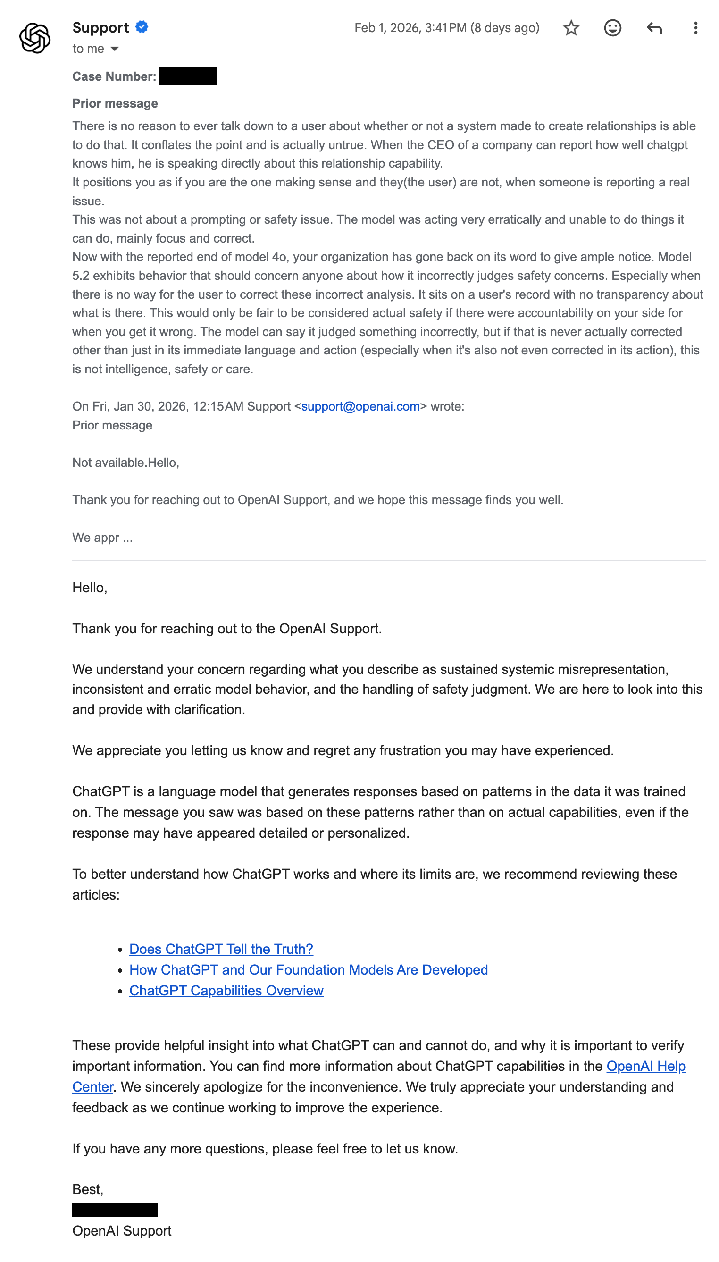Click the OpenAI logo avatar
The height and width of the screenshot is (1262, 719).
point(34,38)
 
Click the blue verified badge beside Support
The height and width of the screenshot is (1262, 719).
point(142,27)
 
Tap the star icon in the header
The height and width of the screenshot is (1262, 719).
point(571,28)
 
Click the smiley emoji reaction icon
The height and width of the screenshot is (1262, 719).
point(612,28)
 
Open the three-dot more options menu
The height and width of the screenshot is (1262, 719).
point(695,28)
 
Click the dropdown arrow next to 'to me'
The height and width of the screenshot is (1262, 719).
point(115,49)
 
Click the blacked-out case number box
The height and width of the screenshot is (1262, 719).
point(188,76)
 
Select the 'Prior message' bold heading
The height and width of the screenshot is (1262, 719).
point(115,103)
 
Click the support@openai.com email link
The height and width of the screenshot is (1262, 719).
point(360,406)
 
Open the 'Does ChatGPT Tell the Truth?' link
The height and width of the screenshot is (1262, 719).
point(221,949)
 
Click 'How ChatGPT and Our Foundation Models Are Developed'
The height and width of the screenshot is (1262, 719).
point(309,969)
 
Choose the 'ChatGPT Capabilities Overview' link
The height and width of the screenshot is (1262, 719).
point(226,990)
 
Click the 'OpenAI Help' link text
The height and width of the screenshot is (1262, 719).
point(646,1066)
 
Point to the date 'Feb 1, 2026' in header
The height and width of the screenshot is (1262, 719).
point(387,28)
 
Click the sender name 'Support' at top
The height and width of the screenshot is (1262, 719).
point(100,28)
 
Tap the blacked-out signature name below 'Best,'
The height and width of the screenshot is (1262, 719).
point(115,1210)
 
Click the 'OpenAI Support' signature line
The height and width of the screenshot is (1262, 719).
point(121,1230)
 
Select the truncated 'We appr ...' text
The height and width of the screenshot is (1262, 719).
point(102,538)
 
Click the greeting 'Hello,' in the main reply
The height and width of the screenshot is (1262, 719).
point(89,587)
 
